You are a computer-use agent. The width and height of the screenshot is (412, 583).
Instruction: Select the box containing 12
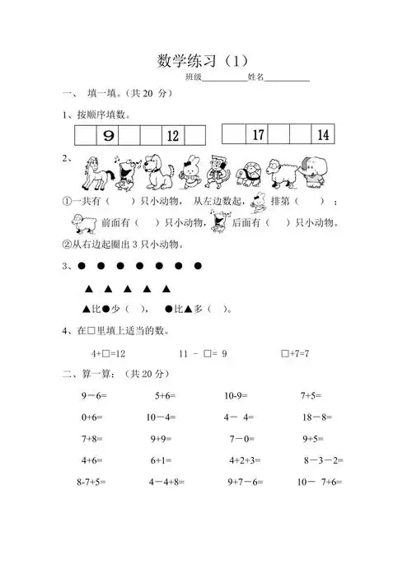pos(173,136)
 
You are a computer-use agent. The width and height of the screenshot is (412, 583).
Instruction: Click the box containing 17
pos(258,135)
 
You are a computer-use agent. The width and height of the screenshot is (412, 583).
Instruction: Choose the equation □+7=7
pos(294,353)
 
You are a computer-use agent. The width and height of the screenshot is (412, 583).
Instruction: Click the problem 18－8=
pos(316,417)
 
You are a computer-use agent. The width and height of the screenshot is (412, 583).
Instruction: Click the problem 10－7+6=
pos(320,482)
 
